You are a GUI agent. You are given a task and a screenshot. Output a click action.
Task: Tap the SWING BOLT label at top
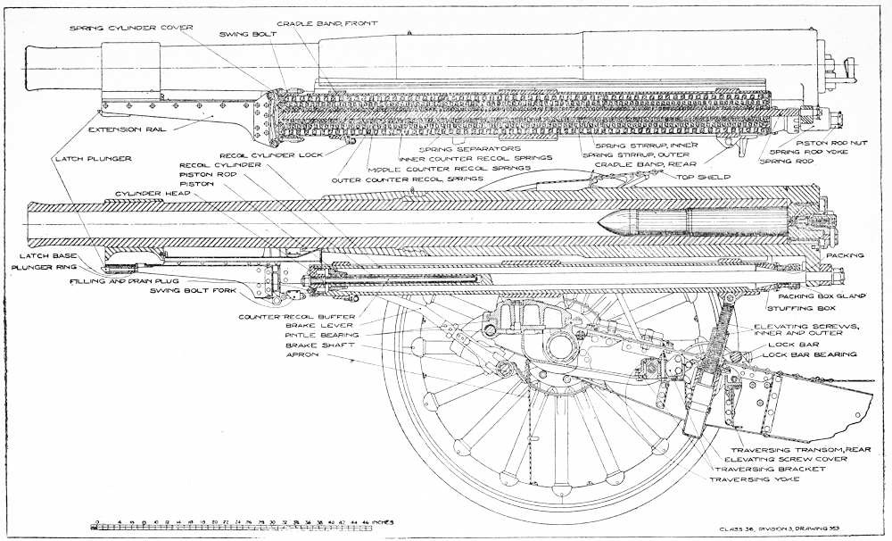point(244,35)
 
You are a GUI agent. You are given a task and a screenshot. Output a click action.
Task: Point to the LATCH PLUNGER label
point(95,158)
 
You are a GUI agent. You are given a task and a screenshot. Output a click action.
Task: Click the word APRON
point(298,354)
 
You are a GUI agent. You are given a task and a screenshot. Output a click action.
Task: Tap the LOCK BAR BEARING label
point(808,354)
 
